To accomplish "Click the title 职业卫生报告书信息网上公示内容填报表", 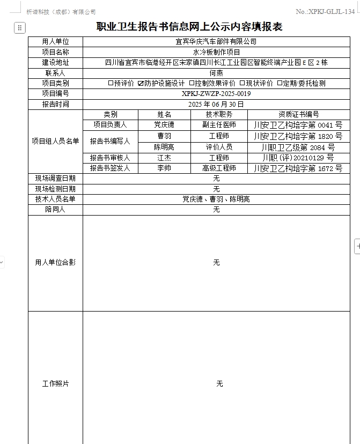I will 189,27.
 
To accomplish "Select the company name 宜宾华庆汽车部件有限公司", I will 216,41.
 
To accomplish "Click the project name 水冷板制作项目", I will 216,52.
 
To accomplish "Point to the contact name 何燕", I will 216,73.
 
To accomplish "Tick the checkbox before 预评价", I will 111,83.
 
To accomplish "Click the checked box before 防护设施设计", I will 141,83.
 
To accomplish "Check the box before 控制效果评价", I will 192,83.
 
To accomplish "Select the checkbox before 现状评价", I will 242,83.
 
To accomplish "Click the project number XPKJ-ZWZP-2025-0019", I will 216,94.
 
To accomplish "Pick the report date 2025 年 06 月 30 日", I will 216,104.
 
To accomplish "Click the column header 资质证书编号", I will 298,114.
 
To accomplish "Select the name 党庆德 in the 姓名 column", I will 164,125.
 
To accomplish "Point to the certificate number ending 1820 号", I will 298,136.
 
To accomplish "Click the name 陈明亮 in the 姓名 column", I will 164,147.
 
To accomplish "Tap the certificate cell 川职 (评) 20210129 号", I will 298,158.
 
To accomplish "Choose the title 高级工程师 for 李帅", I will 219,168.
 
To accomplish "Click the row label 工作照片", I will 55,384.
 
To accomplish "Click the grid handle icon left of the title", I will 20,28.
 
